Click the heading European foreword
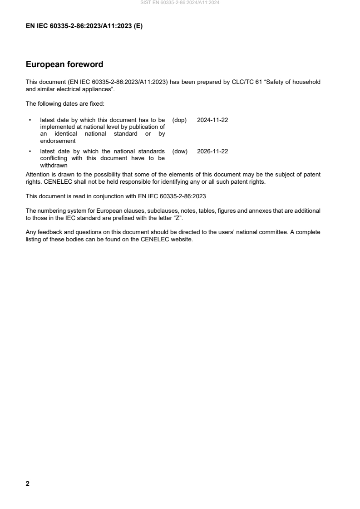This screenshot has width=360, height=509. (x=64, y=64)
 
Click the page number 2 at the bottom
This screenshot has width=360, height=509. (x=28, y=484)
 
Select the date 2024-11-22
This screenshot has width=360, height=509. (x=212, y=120)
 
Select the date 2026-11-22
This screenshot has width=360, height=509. (x=212, y=152)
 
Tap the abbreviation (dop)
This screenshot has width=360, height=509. (x=180, y=120)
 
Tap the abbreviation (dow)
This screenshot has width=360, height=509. (x=180, y=152)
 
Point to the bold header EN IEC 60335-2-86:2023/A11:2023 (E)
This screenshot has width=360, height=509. (x=84, y=26)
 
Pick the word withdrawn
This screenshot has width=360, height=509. (x=51, y=166)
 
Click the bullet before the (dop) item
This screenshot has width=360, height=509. (x=30, y=120)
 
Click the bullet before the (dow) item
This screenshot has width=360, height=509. (x=30, y=152)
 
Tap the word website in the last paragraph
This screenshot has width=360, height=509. (x=182, y=240)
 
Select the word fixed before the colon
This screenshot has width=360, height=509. (x=96, y=104)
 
